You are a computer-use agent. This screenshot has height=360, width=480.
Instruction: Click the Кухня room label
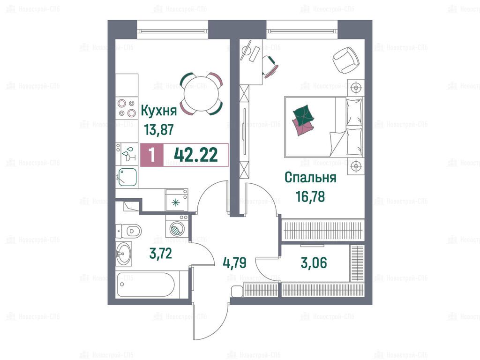coord(158,111)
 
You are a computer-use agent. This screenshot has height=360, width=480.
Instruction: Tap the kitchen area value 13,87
coord(159,129)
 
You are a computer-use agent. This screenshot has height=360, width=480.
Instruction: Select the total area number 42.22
coord(196,155)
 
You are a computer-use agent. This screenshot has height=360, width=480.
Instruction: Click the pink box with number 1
coord(152,155)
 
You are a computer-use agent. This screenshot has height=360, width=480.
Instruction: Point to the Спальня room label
coord(310,178)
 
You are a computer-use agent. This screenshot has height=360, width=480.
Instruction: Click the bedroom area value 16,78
coord(310,196)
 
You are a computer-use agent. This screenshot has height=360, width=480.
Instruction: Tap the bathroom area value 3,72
coord(160,253)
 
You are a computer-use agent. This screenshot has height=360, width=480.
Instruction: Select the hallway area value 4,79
coord(234,262)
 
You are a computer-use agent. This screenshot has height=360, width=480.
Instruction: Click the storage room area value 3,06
coord(314,262)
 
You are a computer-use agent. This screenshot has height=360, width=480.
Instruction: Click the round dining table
coord(201,94)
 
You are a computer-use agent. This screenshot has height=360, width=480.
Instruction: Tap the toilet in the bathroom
coord(128,231)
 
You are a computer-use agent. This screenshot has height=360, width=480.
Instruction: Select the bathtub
coord(146,285)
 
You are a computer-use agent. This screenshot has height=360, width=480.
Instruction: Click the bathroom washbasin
coord(124,253)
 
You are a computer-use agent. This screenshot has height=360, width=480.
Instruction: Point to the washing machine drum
coord(177,229)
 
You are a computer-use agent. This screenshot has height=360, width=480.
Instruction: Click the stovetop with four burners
coord(127,108)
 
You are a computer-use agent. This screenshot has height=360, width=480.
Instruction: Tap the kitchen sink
coord(127,177)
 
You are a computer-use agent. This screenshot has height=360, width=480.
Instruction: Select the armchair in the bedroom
coord(346,60)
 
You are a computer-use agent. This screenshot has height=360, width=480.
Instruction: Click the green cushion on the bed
coord(303,114)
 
